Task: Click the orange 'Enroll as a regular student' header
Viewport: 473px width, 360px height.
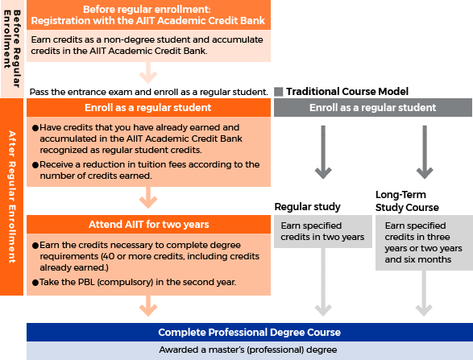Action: coord(147,108)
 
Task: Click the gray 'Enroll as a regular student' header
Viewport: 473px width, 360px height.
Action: coord(372,108)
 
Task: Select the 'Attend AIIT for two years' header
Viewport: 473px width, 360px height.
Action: coord(147,225)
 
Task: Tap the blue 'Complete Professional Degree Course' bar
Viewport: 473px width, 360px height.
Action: coord(249,332)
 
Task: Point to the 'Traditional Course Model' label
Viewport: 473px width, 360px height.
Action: coord(347,92)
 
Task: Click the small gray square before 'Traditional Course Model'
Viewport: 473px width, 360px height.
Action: coord(279,92)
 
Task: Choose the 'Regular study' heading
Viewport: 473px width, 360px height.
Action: coord(307,207)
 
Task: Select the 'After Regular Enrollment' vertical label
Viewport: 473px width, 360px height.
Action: coord(12,197)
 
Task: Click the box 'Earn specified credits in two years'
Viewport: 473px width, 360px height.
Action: coord(322,232)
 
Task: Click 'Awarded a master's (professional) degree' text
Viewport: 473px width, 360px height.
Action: coord(249,350)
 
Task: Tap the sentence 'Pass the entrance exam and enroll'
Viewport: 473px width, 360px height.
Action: coord(147,92)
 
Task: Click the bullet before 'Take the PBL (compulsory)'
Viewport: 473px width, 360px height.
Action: coord(35,283)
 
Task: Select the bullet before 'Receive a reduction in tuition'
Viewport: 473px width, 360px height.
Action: coord(35,165)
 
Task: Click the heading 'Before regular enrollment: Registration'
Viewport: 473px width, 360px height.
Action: coord(147,15)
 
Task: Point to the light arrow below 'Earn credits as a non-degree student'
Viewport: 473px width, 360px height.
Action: coord(147,74)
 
